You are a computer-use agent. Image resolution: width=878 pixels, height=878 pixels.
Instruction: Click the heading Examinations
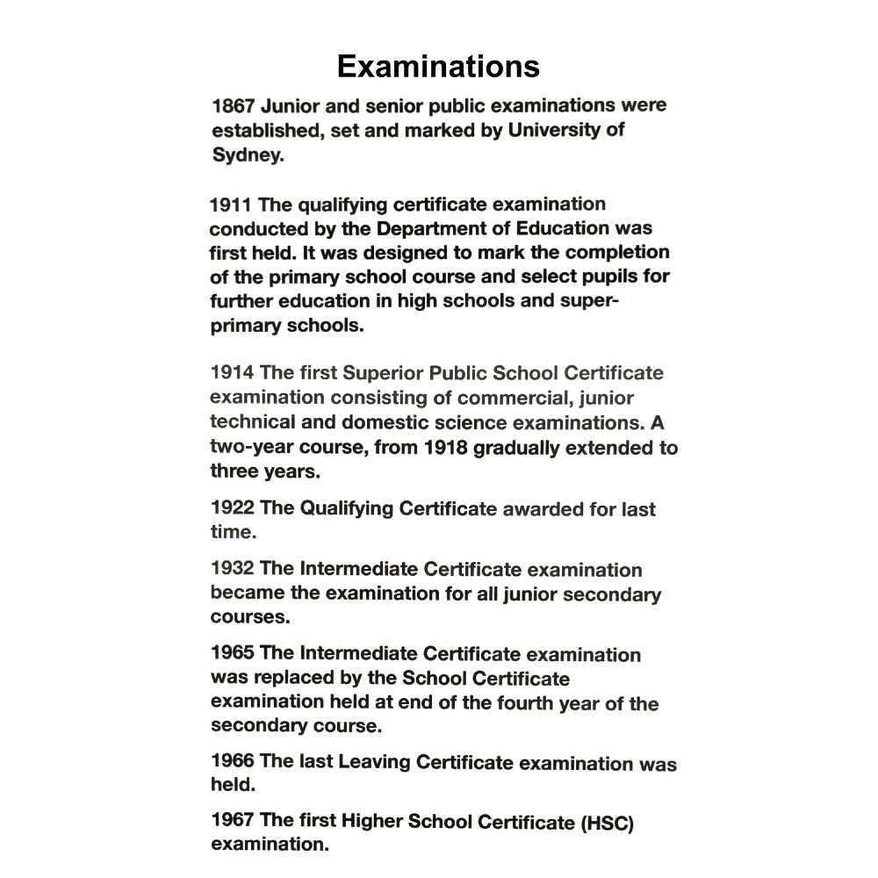438,67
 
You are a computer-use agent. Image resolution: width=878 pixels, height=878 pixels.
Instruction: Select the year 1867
234,106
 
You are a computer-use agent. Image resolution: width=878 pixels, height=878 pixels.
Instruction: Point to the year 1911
231,205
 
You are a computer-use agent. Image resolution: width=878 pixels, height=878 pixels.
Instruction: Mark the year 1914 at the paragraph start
233,372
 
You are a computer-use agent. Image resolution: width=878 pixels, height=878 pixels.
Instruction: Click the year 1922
233,508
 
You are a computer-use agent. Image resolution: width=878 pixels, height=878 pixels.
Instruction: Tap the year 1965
233,653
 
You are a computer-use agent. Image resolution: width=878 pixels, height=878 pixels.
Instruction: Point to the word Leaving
374,761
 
